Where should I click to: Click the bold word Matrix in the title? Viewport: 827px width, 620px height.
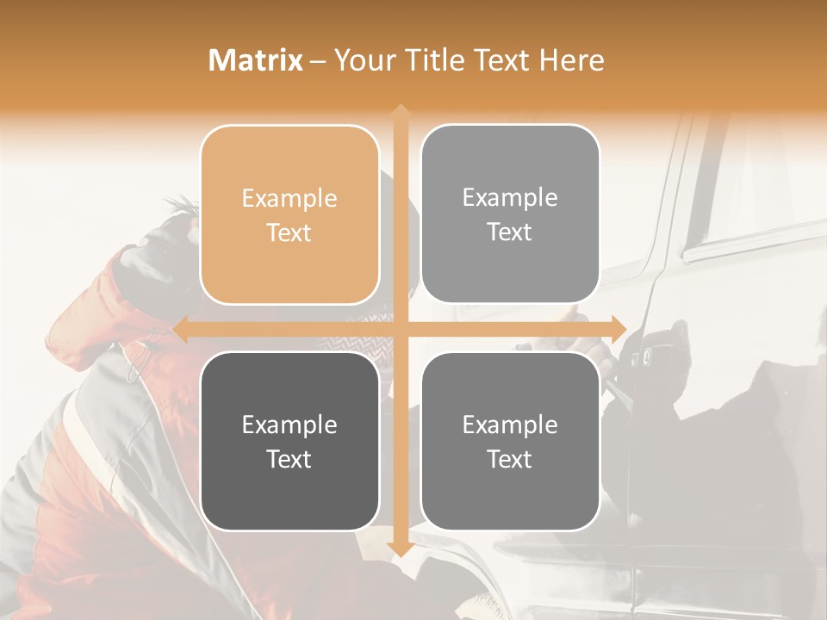pyautogui.click(x=256, y=60)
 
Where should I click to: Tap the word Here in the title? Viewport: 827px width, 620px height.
pyautogui.click(x=571, y=60)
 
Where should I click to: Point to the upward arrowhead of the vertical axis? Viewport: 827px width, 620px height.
pyautogui.click(x=400, y=112)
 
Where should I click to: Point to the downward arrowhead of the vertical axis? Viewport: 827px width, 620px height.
pyautogui.click(x=400, y=549)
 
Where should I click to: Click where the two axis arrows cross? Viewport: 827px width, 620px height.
pyautogui.click(x=400, y=329)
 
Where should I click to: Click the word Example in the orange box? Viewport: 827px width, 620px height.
pyautogui.click(x=289, y=199)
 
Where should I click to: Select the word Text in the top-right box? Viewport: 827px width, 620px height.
pyautogui.click(x=510, y=232)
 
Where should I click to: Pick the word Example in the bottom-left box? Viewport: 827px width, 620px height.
pyautogui.click(x=289, y=425)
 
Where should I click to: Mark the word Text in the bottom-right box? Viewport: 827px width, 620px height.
pyautogui.click(x=510, y=459)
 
